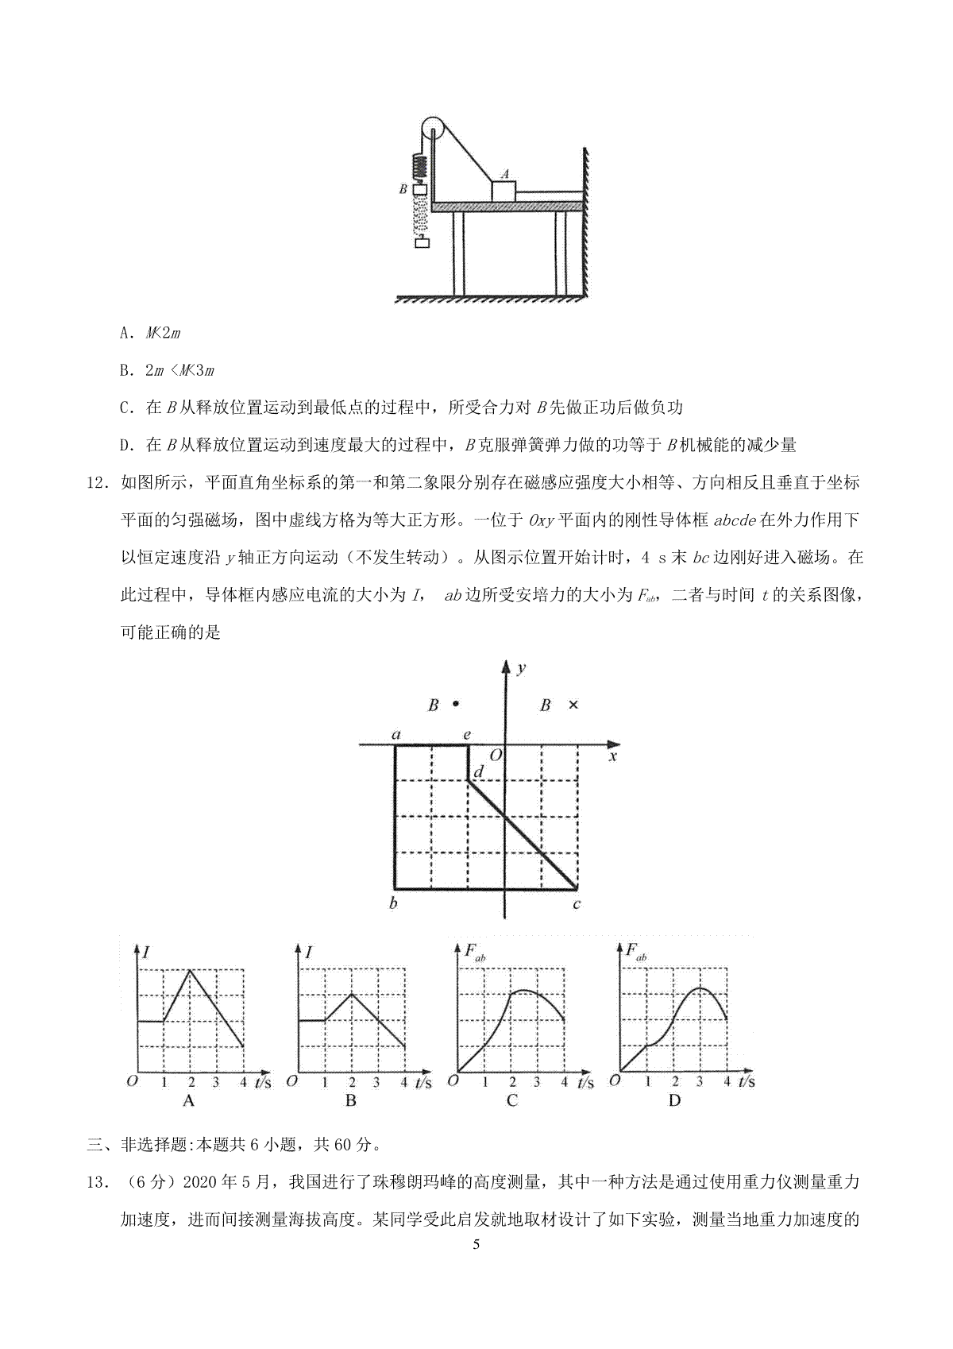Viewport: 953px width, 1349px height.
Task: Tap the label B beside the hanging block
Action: [403, 190]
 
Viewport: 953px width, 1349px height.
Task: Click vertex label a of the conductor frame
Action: [395, 735]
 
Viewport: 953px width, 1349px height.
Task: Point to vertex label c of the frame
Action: [577, 905]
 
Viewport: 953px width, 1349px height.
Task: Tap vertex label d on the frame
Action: [478, 772]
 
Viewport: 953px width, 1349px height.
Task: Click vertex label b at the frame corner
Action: [394, 904]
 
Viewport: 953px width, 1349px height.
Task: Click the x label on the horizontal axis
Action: [612, 756]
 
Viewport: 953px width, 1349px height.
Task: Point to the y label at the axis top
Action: [521, 669]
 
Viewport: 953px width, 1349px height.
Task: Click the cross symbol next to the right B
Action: [573, 705]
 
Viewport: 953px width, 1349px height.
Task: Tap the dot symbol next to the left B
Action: [455, 703]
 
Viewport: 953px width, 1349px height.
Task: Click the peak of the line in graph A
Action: [190, 969]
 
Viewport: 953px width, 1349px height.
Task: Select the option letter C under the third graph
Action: [512, 1100]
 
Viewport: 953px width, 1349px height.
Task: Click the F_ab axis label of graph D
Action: [635, 952]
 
